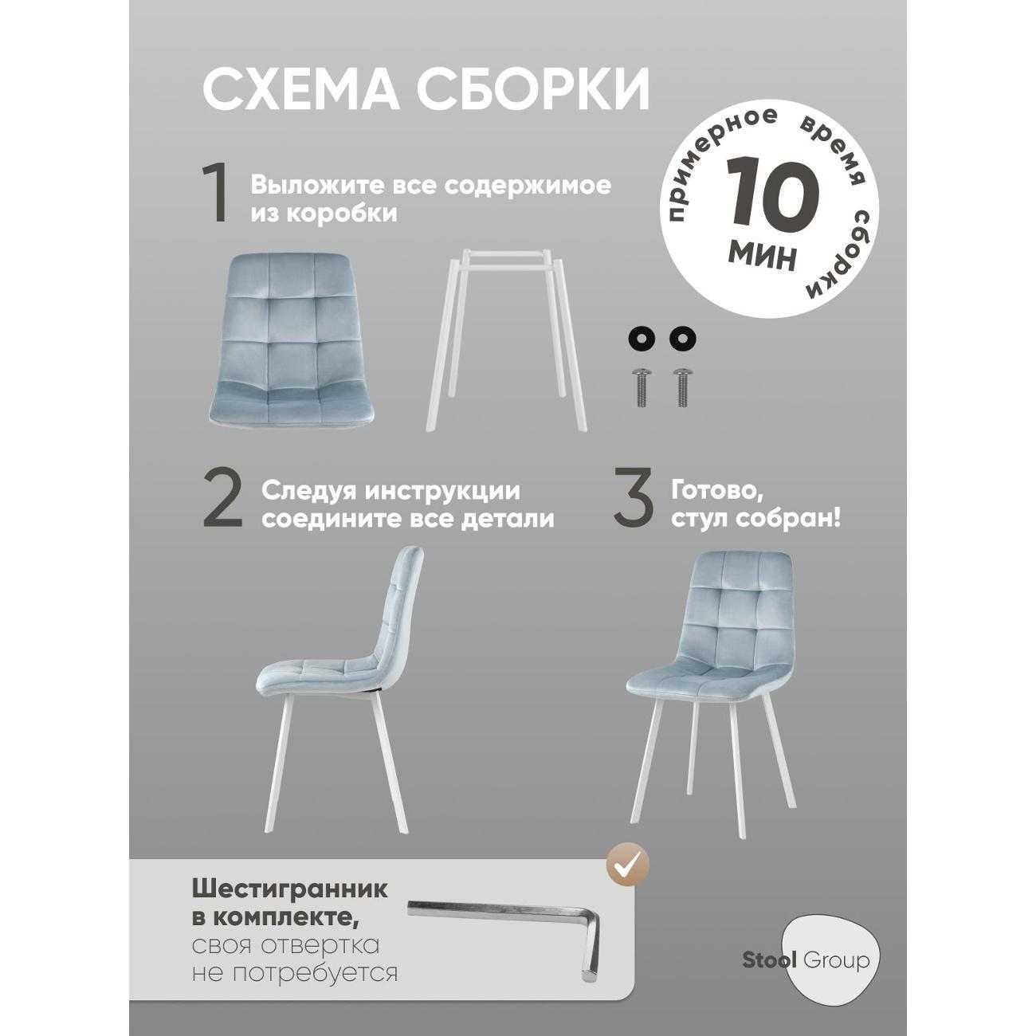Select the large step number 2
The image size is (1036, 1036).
coord(222,500)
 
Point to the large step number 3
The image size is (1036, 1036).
coord(633,500)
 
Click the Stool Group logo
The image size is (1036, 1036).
coord(828,959)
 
